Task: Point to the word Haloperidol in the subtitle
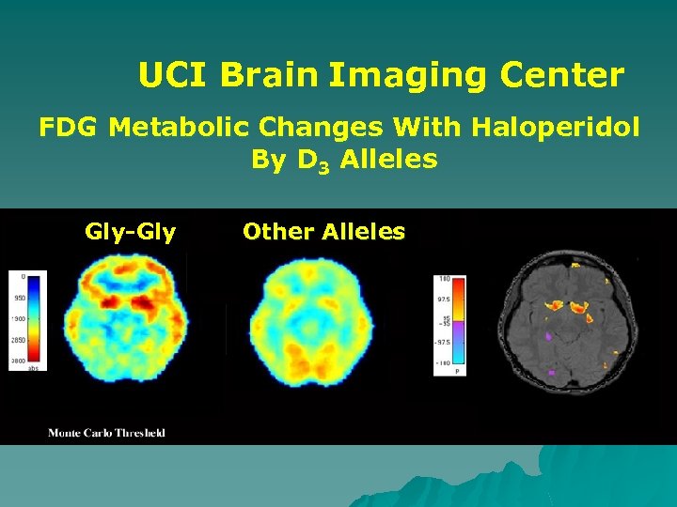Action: pos(553,126)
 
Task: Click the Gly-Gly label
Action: pos(130,231)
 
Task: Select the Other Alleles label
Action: pos(323,231)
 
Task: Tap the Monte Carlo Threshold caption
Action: pos(106,433)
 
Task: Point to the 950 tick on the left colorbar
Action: pos(20,297)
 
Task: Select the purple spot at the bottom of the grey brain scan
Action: pos(553,373)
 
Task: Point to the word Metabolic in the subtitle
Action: pos(174,126)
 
